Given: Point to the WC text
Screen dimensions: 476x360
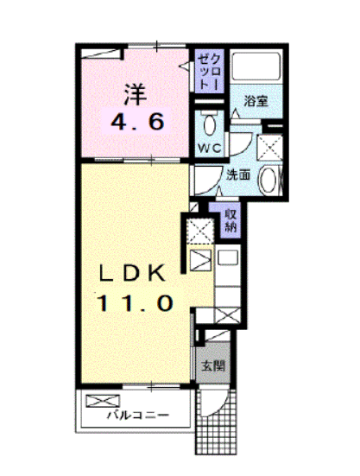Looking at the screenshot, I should click(211, 148).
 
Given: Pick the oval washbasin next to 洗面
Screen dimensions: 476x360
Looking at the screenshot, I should click(270, 180).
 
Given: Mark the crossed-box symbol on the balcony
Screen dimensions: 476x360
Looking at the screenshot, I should click(101, 402).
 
